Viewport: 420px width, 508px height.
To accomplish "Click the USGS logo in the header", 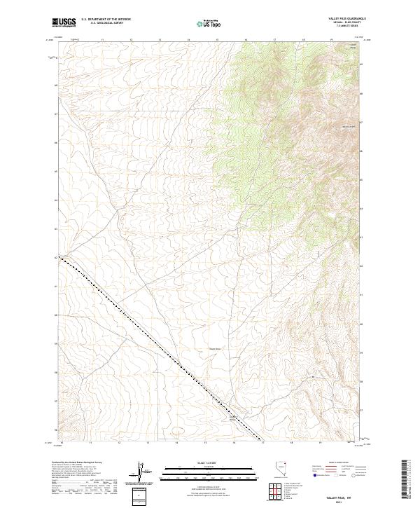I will click(64, 22).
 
